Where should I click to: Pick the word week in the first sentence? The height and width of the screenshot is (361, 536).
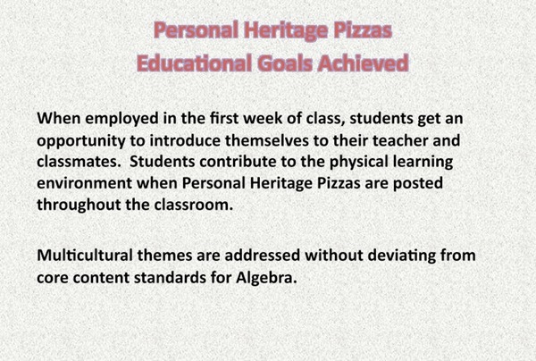pos(268,119)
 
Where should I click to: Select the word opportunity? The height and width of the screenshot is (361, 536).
pos(81,139)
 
